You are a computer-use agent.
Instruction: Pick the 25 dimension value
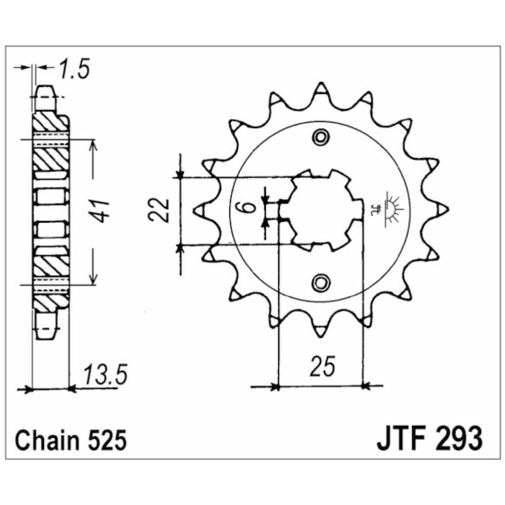click(323, 367)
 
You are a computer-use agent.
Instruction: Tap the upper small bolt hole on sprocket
click(321, 136)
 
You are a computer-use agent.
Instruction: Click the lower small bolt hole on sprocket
click(321, 282)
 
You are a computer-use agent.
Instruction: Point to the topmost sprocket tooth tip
click(321, 88)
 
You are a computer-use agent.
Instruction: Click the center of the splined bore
click(320, 209)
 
